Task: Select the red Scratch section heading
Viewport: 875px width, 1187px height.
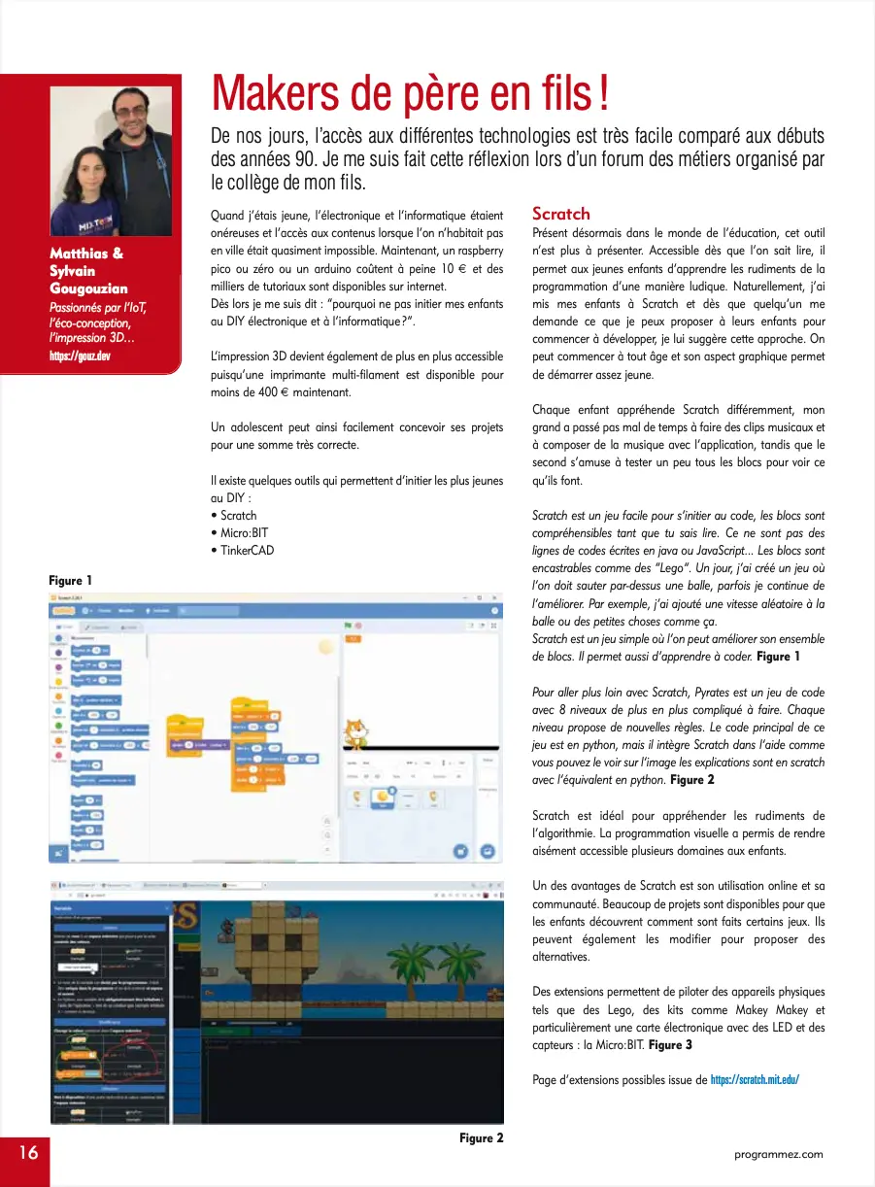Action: point(560,214)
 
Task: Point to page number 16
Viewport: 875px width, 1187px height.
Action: point(26,1153)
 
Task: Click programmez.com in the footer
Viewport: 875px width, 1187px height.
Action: point(779,1154)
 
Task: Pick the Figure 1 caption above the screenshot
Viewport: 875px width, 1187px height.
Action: point(71,580)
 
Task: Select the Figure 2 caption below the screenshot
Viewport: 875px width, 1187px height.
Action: point(481,1137)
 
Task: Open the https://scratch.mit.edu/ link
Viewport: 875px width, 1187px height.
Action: point(755,1079)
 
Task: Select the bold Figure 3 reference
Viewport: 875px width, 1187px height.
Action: point(670,1044)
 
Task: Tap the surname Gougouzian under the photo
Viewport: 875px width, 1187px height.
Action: point(89,288)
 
